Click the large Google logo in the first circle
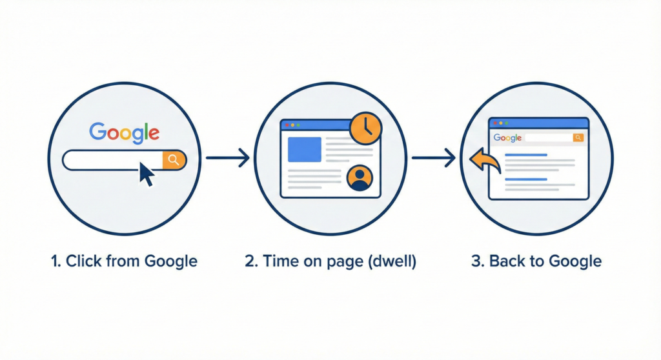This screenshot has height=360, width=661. click(125, 132)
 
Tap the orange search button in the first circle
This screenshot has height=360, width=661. click(173, 160)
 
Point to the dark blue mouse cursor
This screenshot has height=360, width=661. click(147, 174)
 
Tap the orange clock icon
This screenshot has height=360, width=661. click(365, 128)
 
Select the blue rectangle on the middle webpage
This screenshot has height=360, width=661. click(304, 150)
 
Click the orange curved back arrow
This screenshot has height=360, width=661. click(485, 160)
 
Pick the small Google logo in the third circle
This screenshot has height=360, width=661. click(507, 137)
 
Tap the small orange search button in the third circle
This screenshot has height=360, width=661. click(578, 137)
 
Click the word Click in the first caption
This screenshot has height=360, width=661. click(84, 261)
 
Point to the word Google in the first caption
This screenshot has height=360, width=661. click(170, 261)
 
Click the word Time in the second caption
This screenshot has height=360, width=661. click(276, 261)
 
